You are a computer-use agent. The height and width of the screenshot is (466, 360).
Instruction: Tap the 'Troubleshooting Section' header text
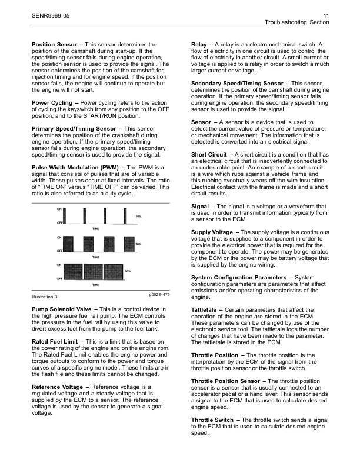[297, 22]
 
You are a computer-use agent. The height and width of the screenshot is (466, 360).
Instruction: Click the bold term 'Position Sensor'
[54, 45]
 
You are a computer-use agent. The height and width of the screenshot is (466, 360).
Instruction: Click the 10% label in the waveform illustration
[139, 217]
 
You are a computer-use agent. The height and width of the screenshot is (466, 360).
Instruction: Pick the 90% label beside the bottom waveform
[128, 271]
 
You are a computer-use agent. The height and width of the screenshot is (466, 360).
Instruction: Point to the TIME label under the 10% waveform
[95, 227]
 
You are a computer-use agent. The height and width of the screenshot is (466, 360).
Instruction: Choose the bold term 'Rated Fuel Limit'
[56, 342]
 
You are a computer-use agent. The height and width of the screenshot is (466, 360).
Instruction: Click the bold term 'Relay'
[201, 45]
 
